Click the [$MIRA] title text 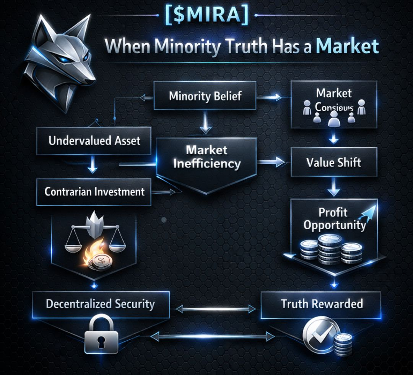tap(206, 15)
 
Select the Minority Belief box tap(205, 96)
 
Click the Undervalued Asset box tap(94, 140)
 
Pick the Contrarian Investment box tap(94, 191)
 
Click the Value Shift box tap(334, 162)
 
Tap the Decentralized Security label tap(100, 304)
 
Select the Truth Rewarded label tap(322, 304)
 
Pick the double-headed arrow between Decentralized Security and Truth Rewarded tap(215, 308)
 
